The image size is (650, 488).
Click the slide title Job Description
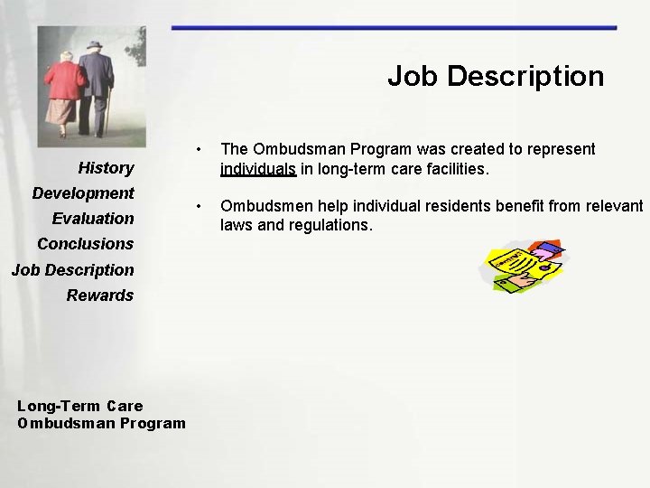click(496, 76)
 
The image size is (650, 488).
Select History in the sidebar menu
click(106, 167)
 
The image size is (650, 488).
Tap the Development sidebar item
click(83, 192)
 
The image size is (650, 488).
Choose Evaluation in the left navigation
click(93, 218)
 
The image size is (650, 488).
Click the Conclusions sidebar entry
click(85, 243)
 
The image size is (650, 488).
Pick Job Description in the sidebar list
click(72, 269)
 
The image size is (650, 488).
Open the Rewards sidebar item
click(99, 295)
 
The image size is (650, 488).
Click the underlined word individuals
click(258, 168)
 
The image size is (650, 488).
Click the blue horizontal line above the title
click(394, 28)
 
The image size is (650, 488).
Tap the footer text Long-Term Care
click(79, 406)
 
